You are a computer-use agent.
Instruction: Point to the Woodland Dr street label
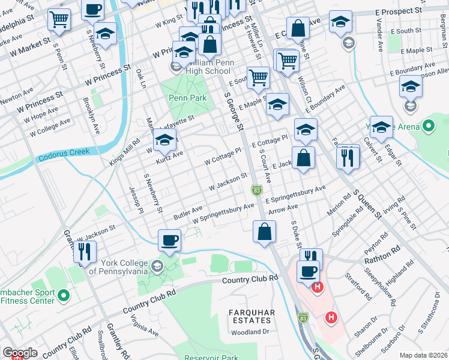click(252, 332)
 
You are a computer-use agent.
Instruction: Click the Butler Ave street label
click(188, 212)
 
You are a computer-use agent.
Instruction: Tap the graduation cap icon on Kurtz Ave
click(163, 142)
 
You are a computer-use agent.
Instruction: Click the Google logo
click(20, 353)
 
